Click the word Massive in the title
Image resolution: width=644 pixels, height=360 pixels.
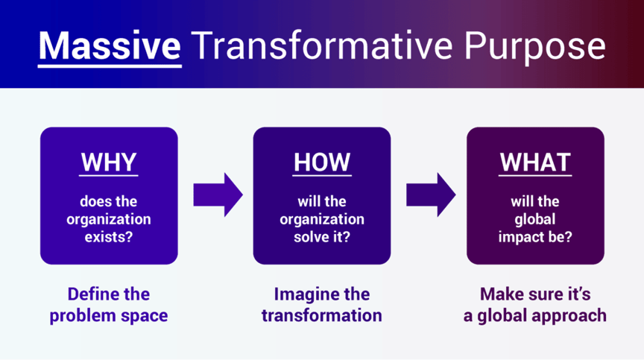pyautogui.click(x=110, y=45)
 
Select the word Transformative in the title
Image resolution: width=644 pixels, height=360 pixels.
pyautogui.click(x=322, y=45)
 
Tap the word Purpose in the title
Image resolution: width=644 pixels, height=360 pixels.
pyautogui.click(x=535, y=48)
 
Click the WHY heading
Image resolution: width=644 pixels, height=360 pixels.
pyautogui.click(x=109, y=162)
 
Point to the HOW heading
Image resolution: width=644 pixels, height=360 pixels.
pyautogui.click(x=322, y=162)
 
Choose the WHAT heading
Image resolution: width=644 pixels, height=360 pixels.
pyautogui.click(x=535, y=162)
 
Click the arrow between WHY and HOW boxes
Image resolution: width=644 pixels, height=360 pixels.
pyautogui.click(x=218, y=195)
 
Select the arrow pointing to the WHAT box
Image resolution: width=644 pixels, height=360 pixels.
pyautogui.click(x=431, y=195)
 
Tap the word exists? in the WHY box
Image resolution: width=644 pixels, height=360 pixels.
pyautogui.click(x=109, y=237)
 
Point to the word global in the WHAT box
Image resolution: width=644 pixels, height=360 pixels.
pyautogui.click(x=535, y=220)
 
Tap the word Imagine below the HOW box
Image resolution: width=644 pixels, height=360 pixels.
pyautogui.click(x=302, y=294)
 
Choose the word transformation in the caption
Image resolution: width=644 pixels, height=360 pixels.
pyautogui.click(x=322, y=316)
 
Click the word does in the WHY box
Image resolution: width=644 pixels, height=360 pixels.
pyautogui.click(x=92, y=201)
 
